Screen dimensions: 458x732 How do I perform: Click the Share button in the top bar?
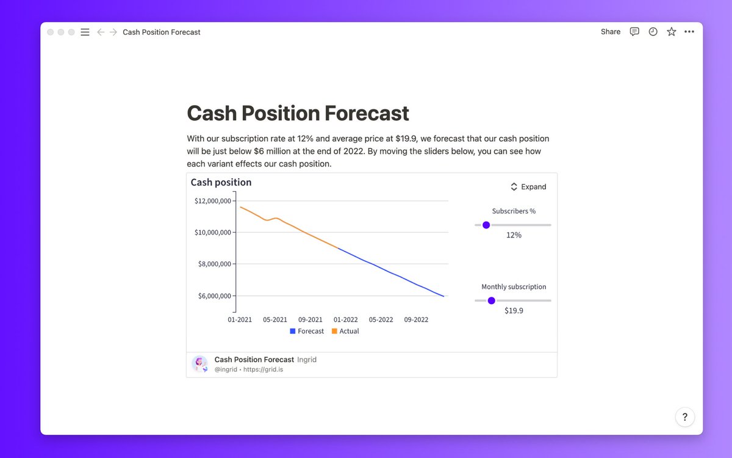pyautogui.click(x=610, y=32)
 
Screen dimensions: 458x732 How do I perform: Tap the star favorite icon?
pyautogui.click(x=671, y=32)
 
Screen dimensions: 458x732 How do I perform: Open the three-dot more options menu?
pyautogui.click(x=689, y=32)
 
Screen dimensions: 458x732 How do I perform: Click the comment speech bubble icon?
pyautogui.click(x=634, y=32)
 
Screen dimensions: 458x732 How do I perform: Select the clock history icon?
pyautogui.click(x=653, y=32)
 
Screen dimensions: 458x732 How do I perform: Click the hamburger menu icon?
pyautogui.click(x=85, y=32)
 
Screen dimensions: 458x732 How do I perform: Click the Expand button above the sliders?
pyautogui.click(x=528, y=187)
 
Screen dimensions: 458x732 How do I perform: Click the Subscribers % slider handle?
pyautogui.click(x=486, y=225)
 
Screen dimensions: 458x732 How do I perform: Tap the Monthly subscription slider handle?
pyautogui.click(x=492, y=300)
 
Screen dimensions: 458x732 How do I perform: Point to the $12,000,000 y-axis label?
pyautogui.click(x=212, y=201)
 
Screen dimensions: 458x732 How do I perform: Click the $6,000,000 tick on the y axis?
pyautogui.click(x=212, y=296)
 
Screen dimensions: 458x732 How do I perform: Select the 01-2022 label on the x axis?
pyautogui.click(x=346, y=319)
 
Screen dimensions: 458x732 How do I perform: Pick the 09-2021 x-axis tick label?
pyautogui.click(x=310, y=319)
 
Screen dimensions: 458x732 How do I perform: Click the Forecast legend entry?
pyautogui.click(x=307, y=331)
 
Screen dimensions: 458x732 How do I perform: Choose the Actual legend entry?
pyautogui.click(x=345, y=331)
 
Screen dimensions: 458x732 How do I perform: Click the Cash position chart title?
pyautogui.click(x=221, y=182)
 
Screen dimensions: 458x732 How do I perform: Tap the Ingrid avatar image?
pyautogui.click(x=199, y=364)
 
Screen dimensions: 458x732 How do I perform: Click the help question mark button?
pyautogui.click(x=684, y=417)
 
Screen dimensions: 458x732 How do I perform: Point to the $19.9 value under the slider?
pyautogui.click(x=514, y=310)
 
